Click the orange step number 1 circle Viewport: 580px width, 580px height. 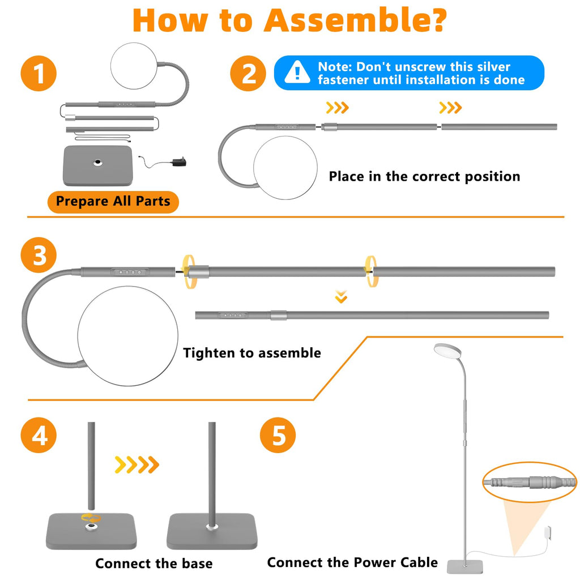(39, 73)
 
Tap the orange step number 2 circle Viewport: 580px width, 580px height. (248, 73)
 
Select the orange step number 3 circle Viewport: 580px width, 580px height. (39, 255)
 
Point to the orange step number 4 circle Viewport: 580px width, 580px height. (39, 435)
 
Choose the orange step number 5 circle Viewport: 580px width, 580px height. (278, 435)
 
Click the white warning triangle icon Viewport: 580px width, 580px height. (297, 72)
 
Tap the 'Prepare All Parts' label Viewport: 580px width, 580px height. (113, 202)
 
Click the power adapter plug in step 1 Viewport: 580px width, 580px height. (179, 161)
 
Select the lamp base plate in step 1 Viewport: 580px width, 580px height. (97, 165)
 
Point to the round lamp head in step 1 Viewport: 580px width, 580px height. (134, 66)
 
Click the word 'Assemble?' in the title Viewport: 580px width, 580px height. (355, 20)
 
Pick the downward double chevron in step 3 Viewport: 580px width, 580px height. (341, 297)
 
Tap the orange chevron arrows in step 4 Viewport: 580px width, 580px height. (137, 464)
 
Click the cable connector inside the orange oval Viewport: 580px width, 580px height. (530, 483)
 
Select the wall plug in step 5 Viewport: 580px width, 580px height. (547, 533)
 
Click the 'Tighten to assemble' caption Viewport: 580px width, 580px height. (252, 353)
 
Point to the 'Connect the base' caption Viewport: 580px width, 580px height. (154, 564)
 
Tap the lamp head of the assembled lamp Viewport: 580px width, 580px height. (447, 350)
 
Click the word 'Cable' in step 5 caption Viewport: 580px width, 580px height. (419, 562)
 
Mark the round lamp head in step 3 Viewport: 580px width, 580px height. (127, 336)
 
